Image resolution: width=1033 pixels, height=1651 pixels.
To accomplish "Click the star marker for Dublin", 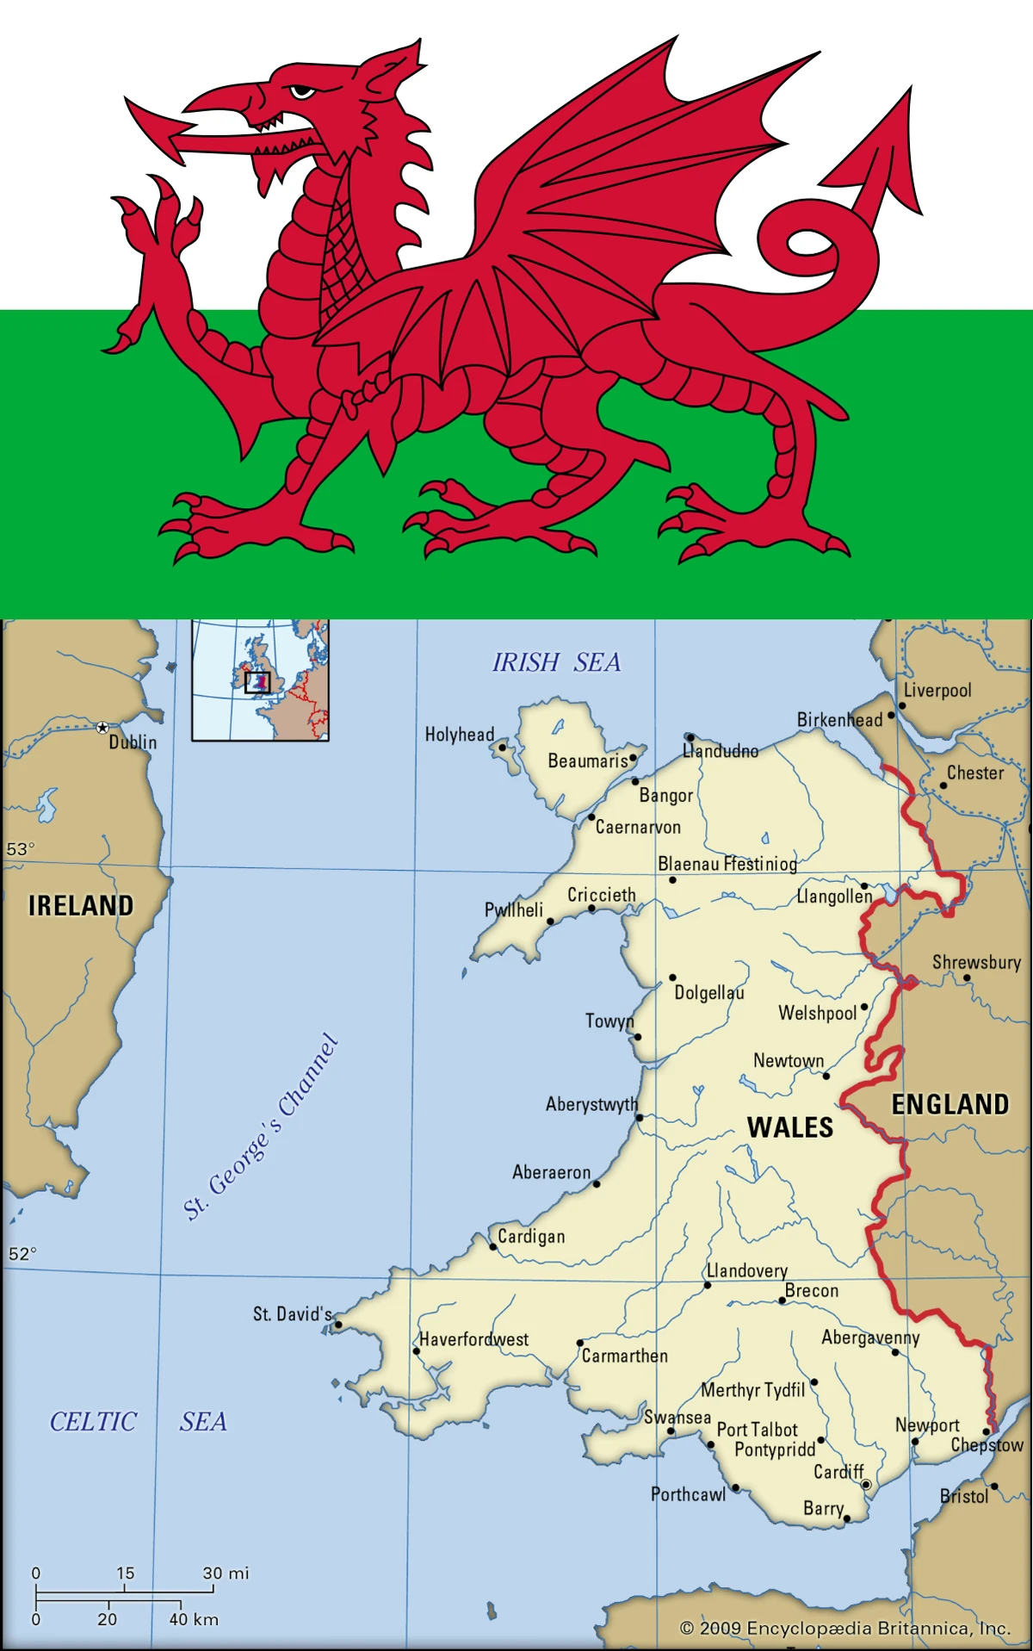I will click(102, 728).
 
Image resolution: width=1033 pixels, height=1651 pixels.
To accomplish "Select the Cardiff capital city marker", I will click(866, 1484).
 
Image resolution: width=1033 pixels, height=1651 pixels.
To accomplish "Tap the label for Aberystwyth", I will click(591, 1104).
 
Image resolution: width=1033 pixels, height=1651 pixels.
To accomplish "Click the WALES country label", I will click(790, 1127).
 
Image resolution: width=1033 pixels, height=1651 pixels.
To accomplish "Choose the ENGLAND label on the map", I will click(949, 1104).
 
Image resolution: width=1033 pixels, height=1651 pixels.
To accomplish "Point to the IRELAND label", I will click(81, 905).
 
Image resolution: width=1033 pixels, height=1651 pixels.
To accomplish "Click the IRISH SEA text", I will click(556, 662).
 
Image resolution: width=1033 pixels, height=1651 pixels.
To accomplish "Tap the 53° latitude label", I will click(21, 849).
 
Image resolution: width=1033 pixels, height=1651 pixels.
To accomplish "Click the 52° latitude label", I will click(22, 1254).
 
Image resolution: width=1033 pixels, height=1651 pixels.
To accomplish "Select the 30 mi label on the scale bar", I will click(226, 1573).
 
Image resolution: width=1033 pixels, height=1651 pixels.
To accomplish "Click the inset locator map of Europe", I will click(260, 680).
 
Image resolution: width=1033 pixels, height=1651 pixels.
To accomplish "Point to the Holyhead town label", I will click(460, 735).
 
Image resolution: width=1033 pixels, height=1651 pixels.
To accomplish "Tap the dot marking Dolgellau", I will click(672, 978).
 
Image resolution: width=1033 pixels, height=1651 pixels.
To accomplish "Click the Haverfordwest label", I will click(473, 1339).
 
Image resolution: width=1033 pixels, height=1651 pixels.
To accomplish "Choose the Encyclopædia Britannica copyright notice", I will click(844, 1628).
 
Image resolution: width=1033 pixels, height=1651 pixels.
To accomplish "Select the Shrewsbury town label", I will click(976, 962).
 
